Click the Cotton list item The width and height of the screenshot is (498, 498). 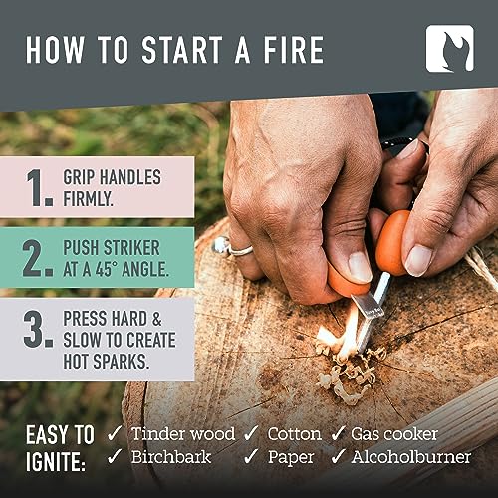(x=294, y=433)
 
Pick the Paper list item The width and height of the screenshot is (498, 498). (x=291, y=458)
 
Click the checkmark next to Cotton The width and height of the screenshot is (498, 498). (x=253, y=433)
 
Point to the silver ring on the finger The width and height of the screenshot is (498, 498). (x=232, y=246)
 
